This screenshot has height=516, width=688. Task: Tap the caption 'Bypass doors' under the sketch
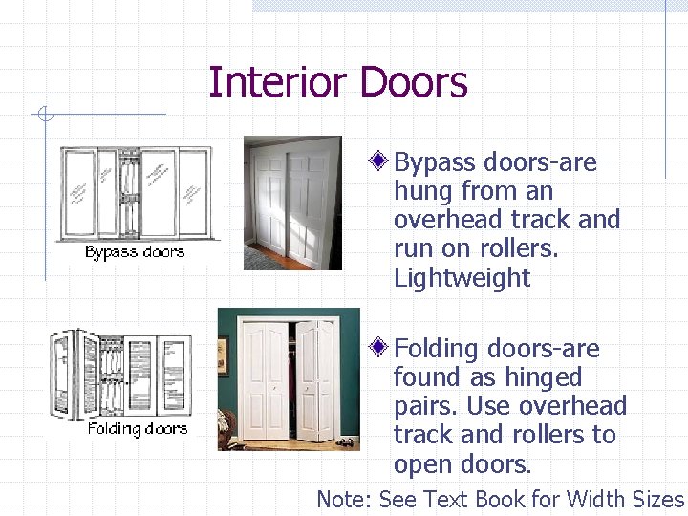coord(134,252)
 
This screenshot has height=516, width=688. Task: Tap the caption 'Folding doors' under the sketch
coord(138,428)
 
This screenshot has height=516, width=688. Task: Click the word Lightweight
coord(462,278)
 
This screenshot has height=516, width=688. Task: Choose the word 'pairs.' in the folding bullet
coord(426,406)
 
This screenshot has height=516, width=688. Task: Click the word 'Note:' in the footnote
coord(344,500)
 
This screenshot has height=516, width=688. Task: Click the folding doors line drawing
coord(122,375)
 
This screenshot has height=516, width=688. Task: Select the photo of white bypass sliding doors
coord(292,203)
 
